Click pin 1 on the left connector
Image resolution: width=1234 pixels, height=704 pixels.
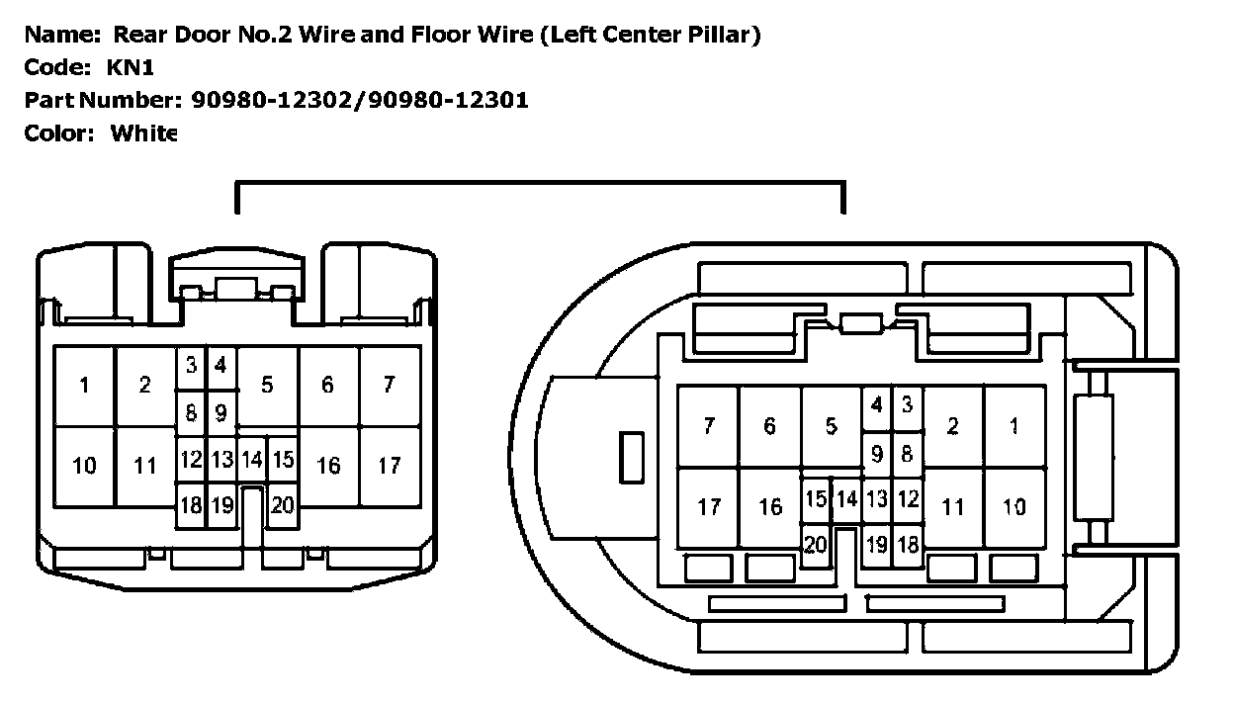click(85, 386)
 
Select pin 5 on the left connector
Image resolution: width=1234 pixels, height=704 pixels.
click(267, 386)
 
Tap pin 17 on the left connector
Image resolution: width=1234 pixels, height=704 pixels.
click(389, 464)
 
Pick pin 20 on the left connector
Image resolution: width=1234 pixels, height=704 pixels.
click(283, 505)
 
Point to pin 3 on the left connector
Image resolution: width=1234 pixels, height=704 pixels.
click(191, 364)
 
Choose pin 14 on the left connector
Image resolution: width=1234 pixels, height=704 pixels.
click(252, 460)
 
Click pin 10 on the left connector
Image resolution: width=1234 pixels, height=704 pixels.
click(85, 465)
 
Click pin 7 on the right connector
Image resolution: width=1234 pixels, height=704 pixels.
click(708, 426)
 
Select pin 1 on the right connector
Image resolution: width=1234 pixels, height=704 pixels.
click(1014, 426)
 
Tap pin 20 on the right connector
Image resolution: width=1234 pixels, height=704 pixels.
click(816, 545)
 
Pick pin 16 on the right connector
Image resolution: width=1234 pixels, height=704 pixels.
click(769, 507)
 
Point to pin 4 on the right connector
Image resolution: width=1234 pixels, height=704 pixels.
click(876, 404)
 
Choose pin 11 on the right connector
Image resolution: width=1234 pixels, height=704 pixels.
click(953, 507)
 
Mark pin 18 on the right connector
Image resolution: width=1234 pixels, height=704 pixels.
click(908, 544)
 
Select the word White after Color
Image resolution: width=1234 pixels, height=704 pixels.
click(143, 132)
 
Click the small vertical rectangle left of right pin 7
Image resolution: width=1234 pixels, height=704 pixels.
click(631, 457)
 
